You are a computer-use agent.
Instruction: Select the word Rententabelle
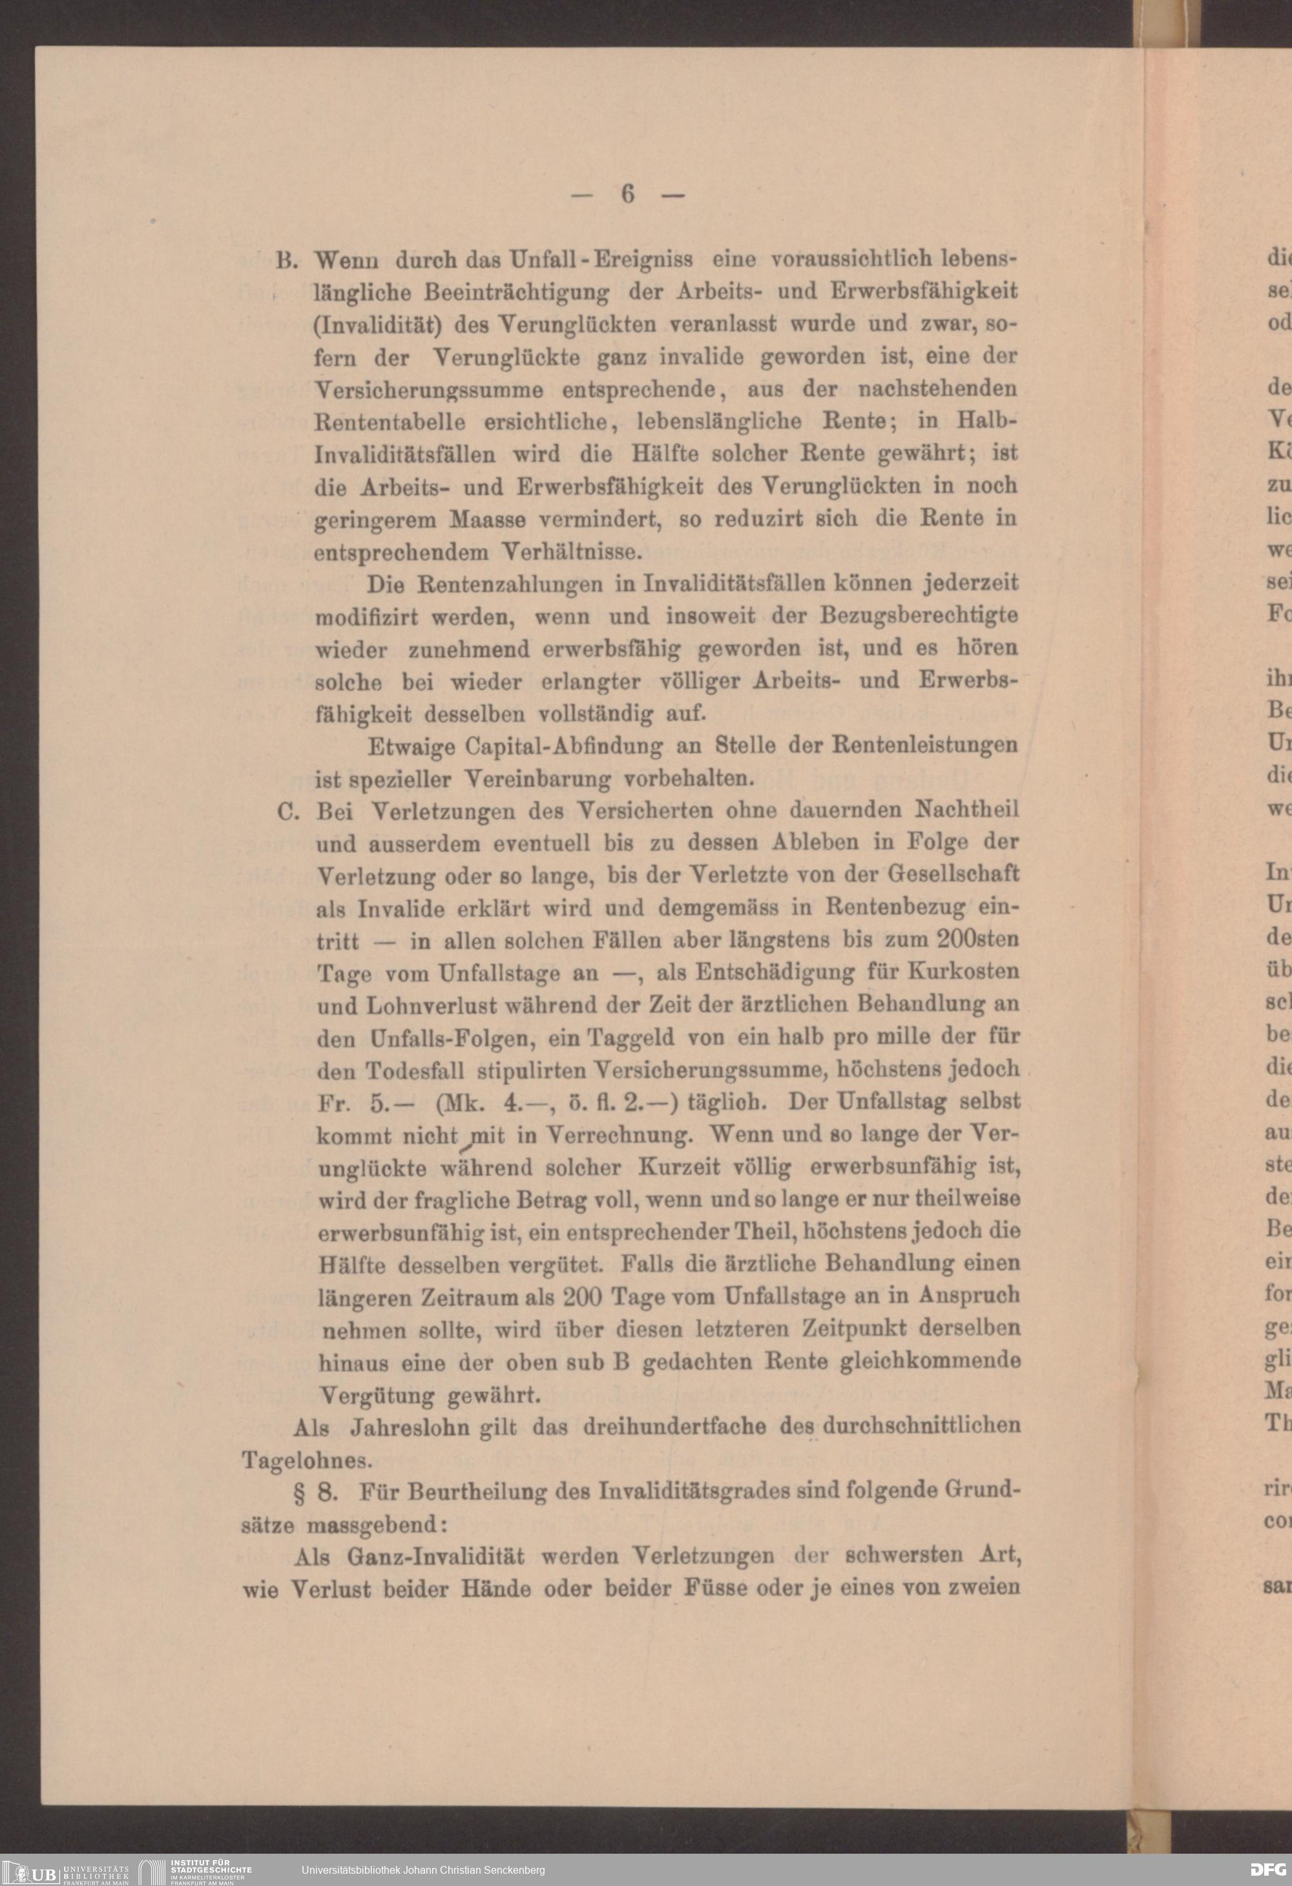pos(390,422)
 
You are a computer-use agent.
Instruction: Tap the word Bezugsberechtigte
pos(919,616)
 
